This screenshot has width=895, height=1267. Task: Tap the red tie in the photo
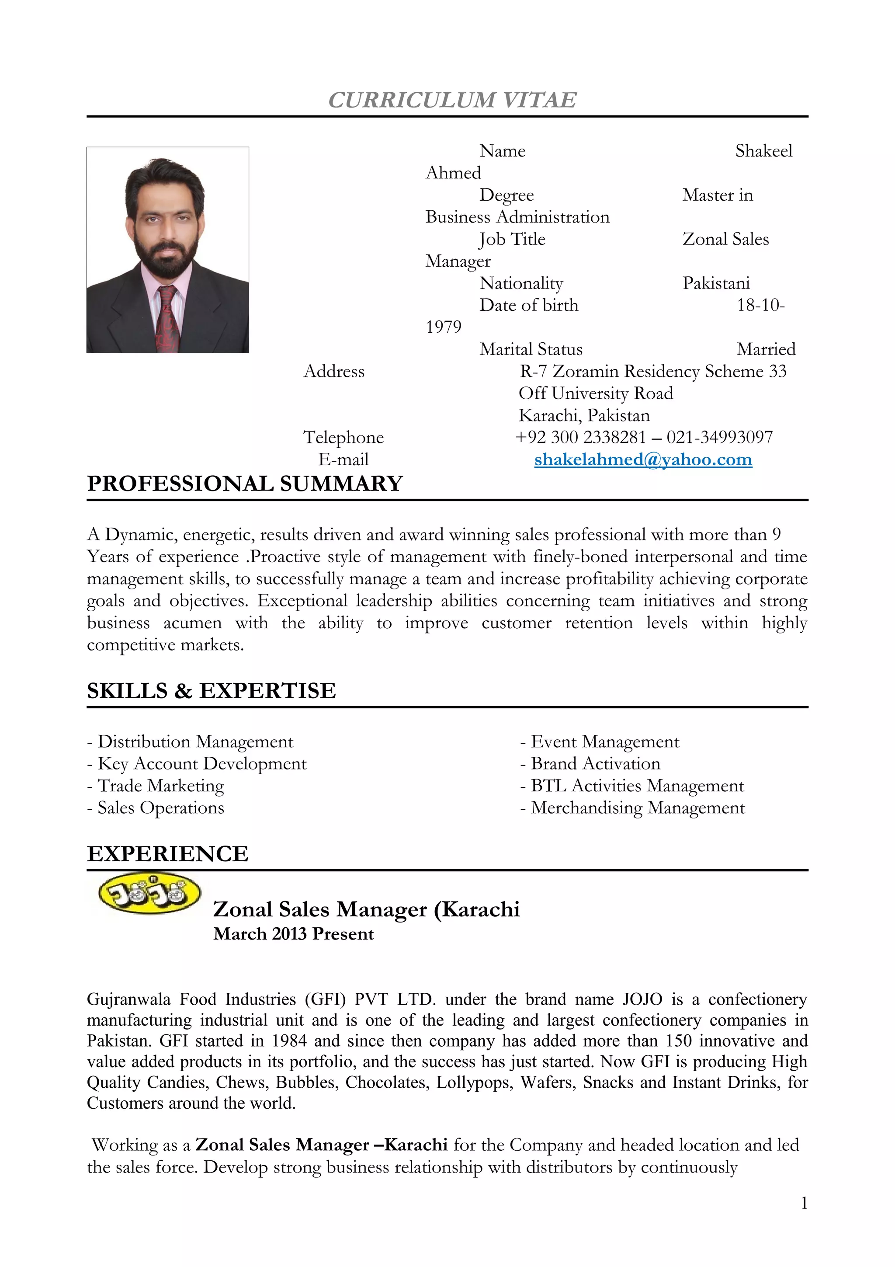(167, 320)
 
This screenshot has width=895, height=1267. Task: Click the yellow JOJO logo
(149, 893)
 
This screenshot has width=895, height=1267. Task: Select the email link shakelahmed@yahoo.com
(643, 459)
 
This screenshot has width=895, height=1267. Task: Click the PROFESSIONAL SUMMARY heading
(245, 484)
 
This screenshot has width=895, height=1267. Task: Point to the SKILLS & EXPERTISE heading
(211, 691)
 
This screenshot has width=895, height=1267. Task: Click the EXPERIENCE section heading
(168, 854)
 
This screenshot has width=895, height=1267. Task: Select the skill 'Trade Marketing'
(160, 786)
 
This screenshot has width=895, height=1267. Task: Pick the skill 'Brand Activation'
(595, 764)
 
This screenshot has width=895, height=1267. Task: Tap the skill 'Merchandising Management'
(638, 808)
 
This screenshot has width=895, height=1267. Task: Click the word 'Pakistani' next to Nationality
(716, 284)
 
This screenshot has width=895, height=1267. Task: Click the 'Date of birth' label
(529, 305)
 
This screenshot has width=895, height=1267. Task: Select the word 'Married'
(766, 349)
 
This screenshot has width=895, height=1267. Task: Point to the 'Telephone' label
(343, 438)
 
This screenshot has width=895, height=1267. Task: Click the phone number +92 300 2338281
(580, 438)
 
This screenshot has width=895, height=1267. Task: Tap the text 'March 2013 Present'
(293, 934)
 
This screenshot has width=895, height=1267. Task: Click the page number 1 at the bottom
(804, 1203)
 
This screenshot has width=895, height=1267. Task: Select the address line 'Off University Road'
(596, 393)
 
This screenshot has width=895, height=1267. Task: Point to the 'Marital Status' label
(531, 349)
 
